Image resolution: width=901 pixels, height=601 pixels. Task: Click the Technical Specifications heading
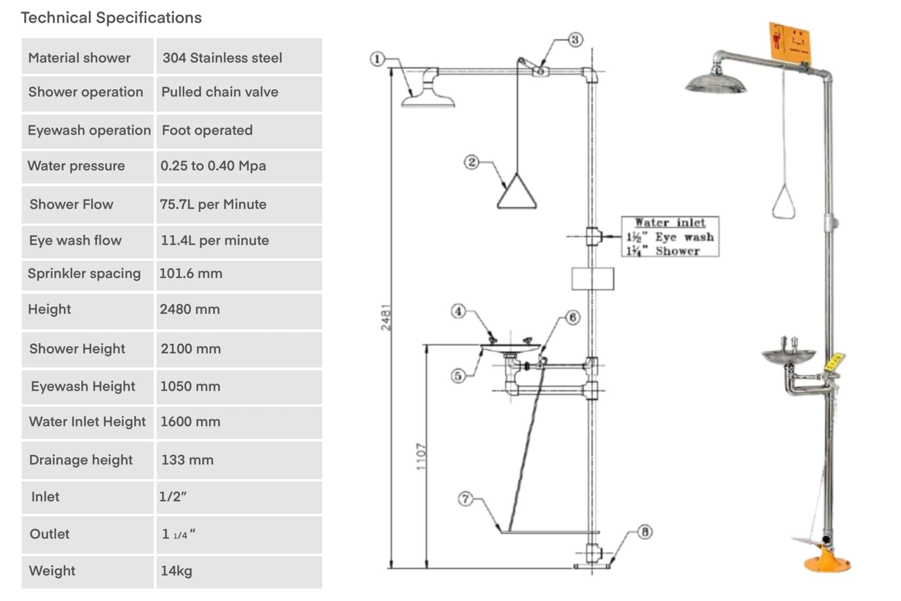[111, 18]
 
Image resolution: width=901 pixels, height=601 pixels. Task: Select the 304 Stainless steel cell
[222, 58]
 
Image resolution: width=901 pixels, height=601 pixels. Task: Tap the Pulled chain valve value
[220, 92]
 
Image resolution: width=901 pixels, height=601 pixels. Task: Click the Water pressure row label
[76, 166]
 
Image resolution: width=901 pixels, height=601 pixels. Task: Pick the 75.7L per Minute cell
[213, 204]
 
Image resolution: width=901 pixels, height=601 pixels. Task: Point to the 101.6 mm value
[190, 273]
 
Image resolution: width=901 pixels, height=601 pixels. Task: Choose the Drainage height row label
[81, 460]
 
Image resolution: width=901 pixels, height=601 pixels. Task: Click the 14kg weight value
[176, 571]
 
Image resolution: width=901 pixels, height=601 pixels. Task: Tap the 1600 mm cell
[190, 422]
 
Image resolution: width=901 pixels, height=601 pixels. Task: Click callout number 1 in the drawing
[377, 59]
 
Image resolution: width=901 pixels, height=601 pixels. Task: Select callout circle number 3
[575, 40]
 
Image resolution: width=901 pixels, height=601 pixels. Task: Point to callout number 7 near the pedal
[465, 499]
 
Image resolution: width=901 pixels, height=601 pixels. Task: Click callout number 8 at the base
[645, 532]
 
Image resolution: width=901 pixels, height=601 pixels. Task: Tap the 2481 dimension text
[386, 317]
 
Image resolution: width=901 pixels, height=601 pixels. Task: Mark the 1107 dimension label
[421, 457]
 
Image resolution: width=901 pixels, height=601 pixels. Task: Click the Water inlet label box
[670, 236]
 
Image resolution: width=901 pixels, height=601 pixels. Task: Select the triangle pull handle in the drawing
[516, 194]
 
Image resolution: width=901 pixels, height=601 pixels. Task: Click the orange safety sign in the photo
[790, 42]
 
